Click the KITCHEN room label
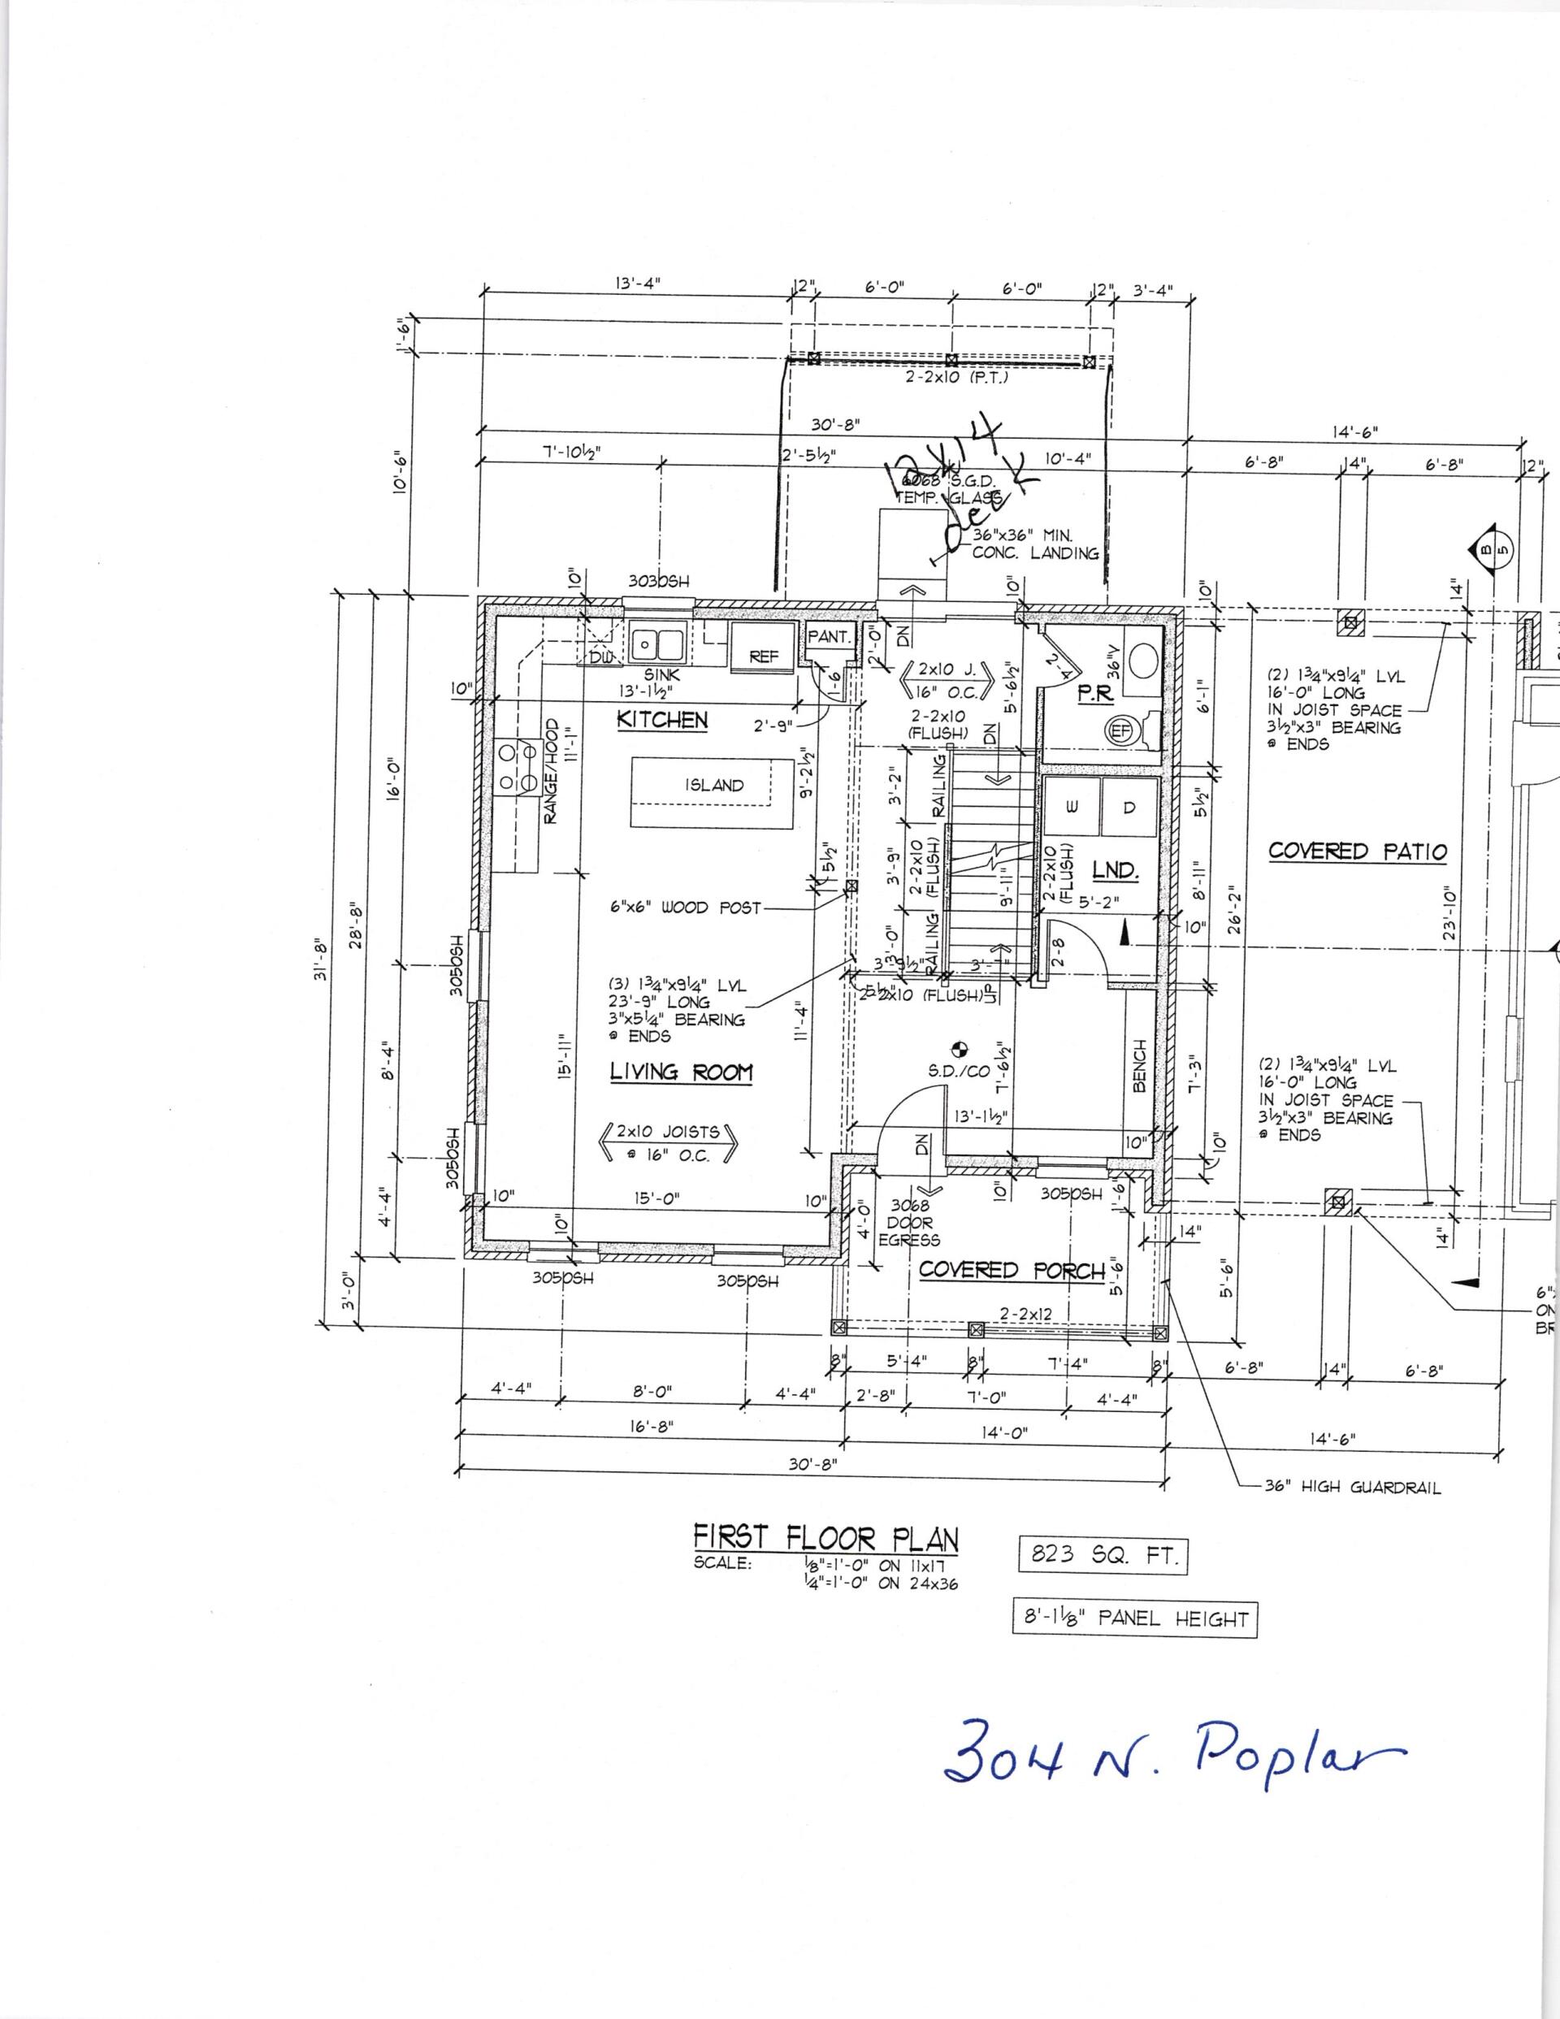(x=662, y=720)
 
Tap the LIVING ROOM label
(x=681, y=1072)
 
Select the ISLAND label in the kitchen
(x=714, y=786)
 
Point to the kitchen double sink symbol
(x=656, y=642)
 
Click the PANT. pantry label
(x=829, y=637)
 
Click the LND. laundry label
(x=1116, y=870)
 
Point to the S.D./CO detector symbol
(x=959, y=1049)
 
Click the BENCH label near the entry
(x=1139, y=1066)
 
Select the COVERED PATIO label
(x=1357, y=851)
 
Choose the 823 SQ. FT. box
(x=1101, y=1555)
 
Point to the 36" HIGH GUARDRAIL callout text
(x=1352, y=1488)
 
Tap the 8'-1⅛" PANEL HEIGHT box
(x=1134, y=1618)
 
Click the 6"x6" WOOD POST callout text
(x=684, y=908)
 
